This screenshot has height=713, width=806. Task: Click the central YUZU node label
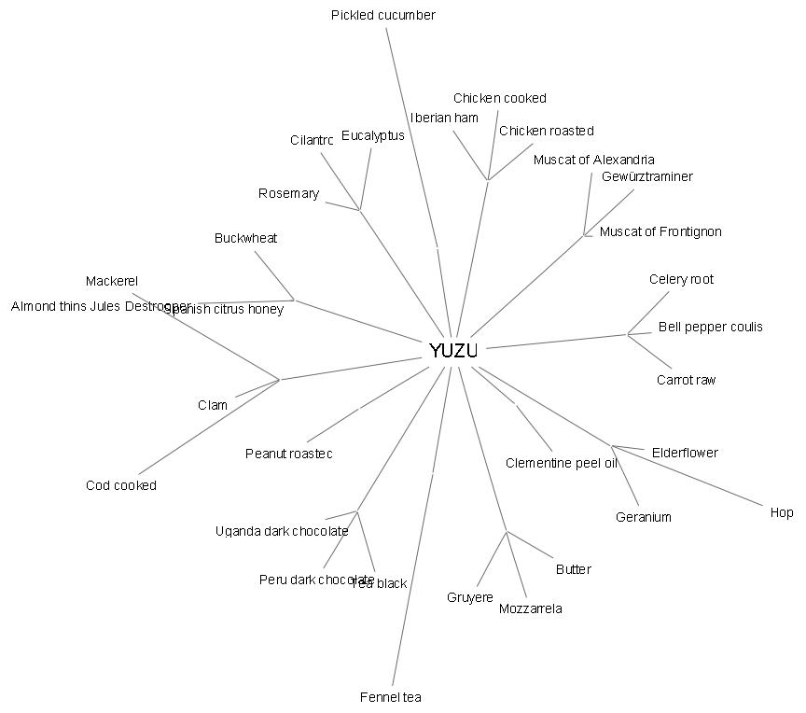click(x=453, y=351)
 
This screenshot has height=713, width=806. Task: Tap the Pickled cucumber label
click(x=382, y=15)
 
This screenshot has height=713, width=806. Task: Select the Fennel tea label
click(x=391, y=697)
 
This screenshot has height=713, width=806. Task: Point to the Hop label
click(x=782, y=512)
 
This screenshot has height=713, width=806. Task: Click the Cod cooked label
click(x=121, y=485)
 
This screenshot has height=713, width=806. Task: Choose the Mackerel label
click(x=112, y=281)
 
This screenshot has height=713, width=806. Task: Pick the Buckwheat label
click(x=245, y=238)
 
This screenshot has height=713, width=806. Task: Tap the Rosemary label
click(x=288, y=194)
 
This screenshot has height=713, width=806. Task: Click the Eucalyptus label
click(x=372, y=135)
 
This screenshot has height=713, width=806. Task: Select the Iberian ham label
click(x=444, y=118)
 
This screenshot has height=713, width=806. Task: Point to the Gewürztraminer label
click(x=646, y=176)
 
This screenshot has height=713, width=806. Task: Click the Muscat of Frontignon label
click(x=660, y=231)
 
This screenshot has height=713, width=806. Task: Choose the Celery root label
click(x=681, y=279)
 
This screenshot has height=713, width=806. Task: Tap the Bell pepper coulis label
click(x=710, y=327)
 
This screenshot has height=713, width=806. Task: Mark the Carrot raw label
click(x=686, y=380)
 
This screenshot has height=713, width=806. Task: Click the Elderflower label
click(x=685, y=453)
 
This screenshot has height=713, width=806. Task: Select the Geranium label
click(x=643, y=517)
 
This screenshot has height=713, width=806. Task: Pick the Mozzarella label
click(x=530, y=609)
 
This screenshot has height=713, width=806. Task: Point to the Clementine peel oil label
click(x=561, y=463)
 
